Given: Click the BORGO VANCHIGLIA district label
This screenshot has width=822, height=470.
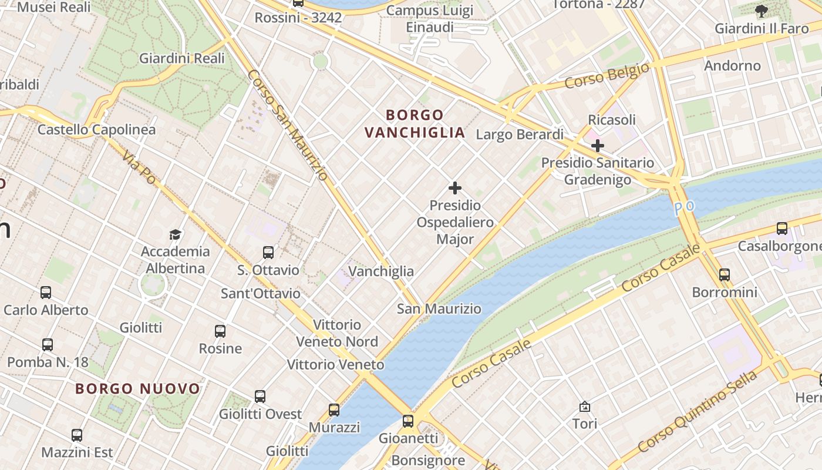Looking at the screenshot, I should [415, 123].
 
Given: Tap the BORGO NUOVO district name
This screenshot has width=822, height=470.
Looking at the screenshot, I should [138, 388].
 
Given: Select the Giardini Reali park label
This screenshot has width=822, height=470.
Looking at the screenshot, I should [181, 58].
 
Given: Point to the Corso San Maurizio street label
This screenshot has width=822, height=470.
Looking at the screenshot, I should [288, 125].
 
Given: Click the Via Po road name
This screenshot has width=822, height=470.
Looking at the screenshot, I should [139, 166].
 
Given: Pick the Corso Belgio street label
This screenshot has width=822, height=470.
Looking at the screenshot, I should [607, 76].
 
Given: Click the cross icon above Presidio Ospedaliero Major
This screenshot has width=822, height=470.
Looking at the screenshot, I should [455, 188].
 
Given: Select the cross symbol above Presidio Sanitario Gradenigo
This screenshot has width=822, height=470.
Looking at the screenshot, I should [598, 145].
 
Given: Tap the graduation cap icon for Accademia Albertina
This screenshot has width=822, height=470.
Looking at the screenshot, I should [175, 234].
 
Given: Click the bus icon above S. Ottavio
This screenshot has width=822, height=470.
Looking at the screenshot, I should [268, 253].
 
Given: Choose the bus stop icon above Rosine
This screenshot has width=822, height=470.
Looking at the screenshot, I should [220, 331].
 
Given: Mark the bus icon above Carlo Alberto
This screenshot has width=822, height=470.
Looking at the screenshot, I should [46, 293].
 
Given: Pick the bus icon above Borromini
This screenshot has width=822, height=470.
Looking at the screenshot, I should [725, 274].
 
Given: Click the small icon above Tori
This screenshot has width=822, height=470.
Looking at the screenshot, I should [585, 407].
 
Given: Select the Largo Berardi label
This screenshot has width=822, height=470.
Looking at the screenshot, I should [519, 135].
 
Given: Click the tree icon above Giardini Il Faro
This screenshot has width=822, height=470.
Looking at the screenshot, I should [761, 11].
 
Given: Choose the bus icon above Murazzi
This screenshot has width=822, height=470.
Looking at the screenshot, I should [334, 410].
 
